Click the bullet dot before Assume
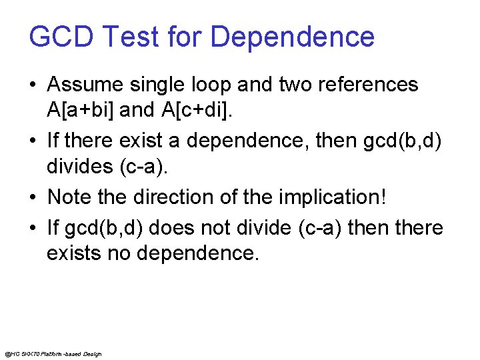coord(33,86)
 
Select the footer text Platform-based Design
coord(73,353)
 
